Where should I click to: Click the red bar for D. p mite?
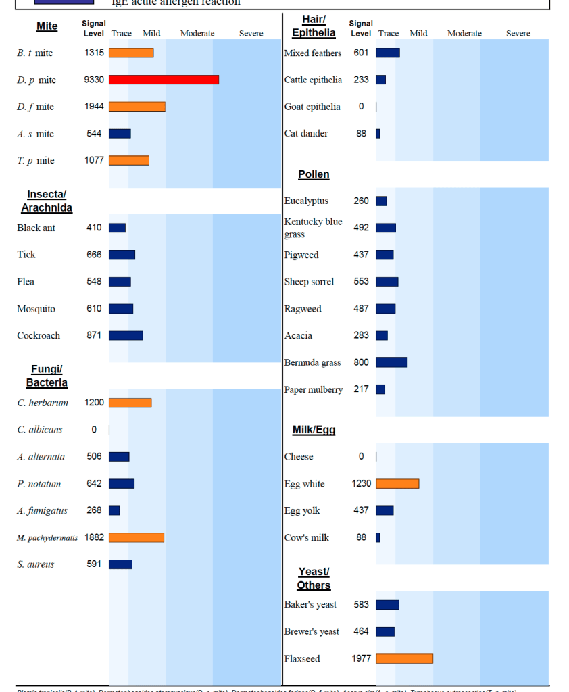[x=164, y=80]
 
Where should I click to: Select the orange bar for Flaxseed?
[x=404, y=658]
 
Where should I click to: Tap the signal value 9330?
[x=94, y=80]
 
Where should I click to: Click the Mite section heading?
[x=47, y=26]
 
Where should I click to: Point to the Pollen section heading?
[x=314, y=174]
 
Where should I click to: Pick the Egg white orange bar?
[x=397, y=483]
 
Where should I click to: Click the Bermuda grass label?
[x=312, y=363]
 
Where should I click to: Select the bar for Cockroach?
[x=126, y=335]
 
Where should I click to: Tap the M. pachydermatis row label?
[x=47, y=538]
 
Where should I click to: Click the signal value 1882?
[x=94, y=537]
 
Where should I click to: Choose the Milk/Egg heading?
[x=314, y=430]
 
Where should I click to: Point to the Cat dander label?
[x=306, y=134]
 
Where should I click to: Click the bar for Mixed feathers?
[x=388, y=53]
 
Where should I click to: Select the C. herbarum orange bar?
[x=130, y=403]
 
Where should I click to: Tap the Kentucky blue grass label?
[x=313, y=228]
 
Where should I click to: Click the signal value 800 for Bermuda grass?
[x=362, y=362]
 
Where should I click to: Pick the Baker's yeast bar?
[x=387, y=604]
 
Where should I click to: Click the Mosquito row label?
[x=36, y=309]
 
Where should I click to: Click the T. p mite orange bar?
[x=129, y=160]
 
